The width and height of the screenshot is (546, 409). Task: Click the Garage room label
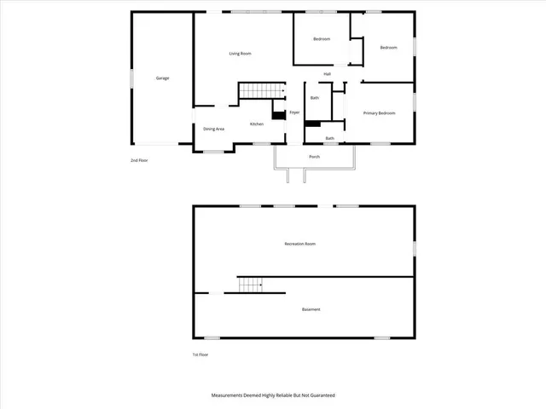pos(162,78)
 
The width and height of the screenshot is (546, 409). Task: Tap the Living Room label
pos(240,54)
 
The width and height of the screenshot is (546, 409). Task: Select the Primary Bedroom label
pos(380,113)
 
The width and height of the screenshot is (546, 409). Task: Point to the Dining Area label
pos(213,130)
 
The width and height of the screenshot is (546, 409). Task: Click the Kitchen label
pos(256,124)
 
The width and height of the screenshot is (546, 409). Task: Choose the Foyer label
pos(294,112)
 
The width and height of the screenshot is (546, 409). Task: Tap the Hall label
pos(327,74)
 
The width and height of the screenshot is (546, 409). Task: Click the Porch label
pos(314,158)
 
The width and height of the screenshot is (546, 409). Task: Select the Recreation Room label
pos(300,245)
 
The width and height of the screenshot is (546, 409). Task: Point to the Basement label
pos(311,309)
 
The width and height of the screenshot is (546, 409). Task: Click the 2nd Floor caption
pos(138,160)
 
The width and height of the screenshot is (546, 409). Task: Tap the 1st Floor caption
pos(200,354)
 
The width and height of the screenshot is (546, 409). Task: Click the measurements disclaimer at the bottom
pos(273,395)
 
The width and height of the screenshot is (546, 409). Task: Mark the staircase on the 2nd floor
pos(259,91)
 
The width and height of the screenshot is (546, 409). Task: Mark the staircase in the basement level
pos(259,285)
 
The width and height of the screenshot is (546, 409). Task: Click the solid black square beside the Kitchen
pos(278,115)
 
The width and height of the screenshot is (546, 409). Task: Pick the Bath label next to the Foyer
pos(315,98)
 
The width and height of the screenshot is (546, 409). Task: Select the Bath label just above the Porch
pos(329,139)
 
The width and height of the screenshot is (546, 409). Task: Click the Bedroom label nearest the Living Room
pos(322,39)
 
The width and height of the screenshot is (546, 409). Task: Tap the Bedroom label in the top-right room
pos(389,48)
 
